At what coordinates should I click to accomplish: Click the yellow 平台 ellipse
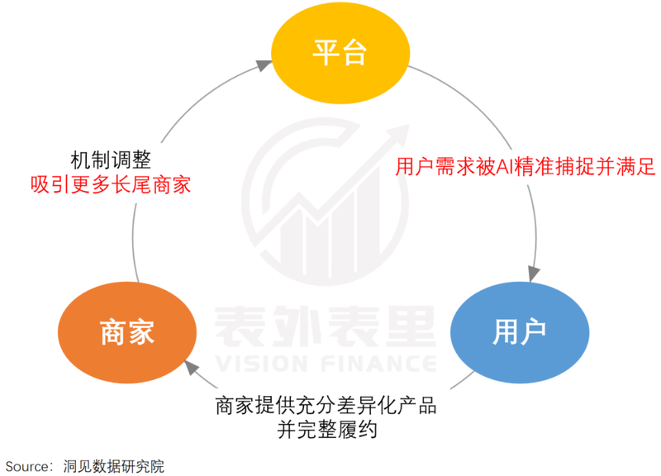point(340,53)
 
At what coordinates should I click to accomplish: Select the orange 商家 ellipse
point(127,332)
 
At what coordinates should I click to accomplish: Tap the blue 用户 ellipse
point(520,332)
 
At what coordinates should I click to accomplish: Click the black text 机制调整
point(111,160)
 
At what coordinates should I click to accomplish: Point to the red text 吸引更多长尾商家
point(111,185)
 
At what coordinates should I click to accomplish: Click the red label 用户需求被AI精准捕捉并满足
point(525,166)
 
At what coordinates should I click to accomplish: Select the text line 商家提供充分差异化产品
point(326,406)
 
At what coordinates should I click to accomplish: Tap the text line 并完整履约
point(326,430)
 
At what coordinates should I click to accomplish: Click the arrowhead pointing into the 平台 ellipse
point(264,65)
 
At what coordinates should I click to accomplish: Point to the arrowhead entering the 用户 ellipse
point(534,274)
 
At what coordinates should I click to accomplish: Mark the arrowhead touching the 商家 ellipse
point(191,367)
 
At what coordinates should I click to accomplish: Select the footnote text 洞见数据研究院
point(113,466)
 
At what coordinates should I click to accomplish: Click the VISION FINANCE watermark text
point(326,364)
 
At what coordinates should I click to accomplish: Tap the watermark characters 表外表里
point(325,326)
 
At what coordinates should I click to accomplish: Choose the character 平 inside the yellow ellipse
point(326,53)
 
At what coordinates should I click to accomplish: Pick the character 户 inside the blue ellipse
point(533,332)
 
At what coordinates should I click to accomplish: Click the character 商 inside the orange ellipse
point(113,332)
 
